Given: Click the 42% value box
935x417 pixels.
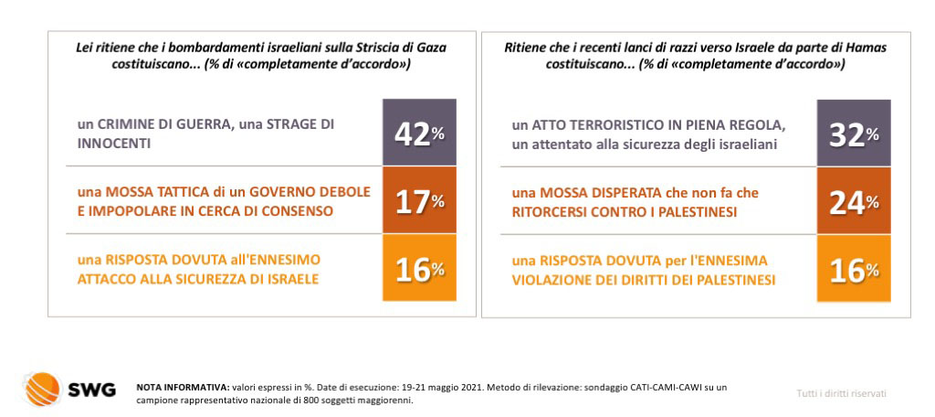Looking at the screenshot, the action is click(x=419, y=132).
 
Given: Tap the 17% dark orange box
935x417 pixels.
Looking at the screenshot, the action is click(x=419, y=199).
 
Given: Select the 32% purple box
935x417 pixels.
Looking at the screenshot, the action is click(x=854, y=132).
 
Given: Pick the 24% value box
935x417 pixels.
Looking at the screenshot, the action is click(x=854, y=199).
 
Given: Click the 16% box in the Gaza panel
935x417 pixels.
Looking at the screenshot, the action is click(x=419, y=268).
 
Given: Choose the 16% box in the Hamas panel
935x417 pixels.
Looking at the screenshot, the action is click(x=854, y=268).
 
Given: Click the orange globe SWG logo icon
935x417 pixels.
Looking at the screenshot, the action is click(x=41, y=390).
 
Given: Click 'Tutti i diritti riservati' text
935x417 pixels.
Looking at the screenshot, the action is click(x=841, y=393).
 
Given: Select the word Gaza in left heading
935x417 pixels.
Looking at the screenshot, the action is click(x=432, y=48).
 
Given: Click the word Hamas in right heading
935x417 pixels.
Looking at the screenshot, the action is click(x=869, y=48).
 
